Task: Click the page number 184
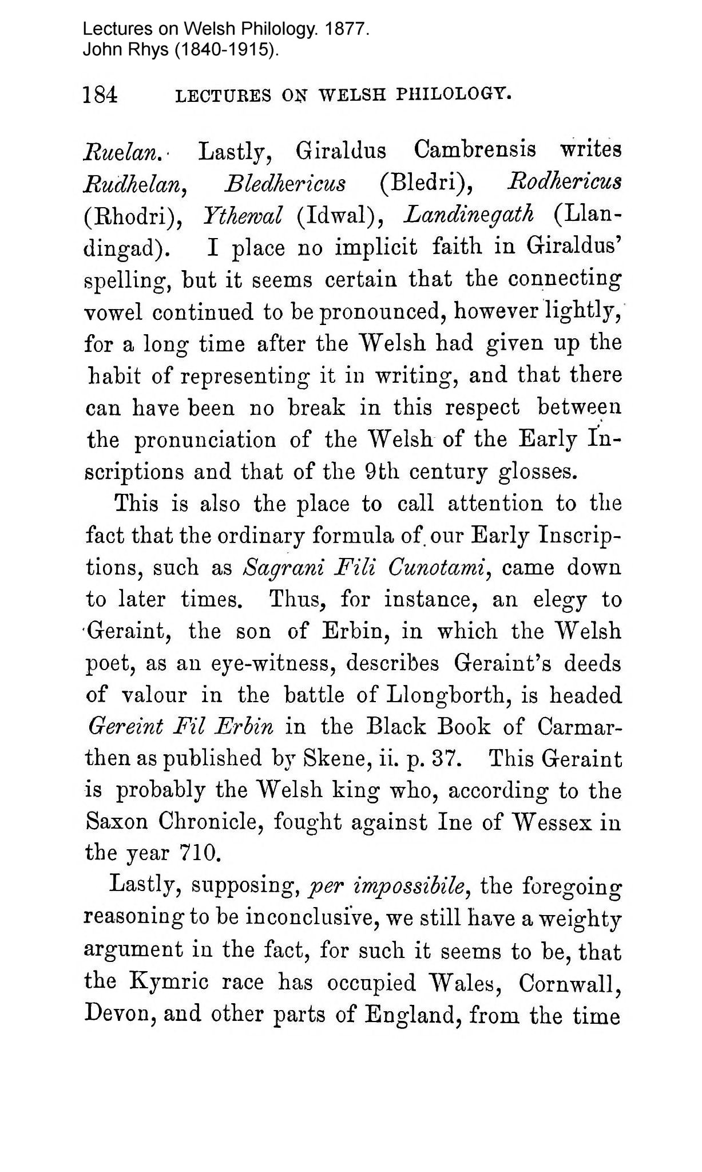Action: coord(101,94)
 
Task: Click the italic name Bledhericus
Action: coord(284,184)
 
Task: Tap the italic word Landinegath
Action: coord(469,216)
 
